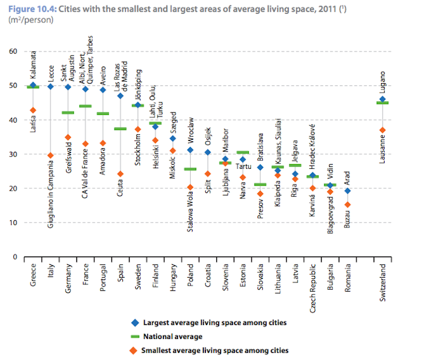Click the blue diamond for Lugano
[x=382, y=99]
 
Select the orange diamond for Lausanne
[x=382, y=130]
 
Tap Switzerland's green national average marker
[x=382, y=103]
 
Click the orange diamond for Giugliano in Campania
[x=50, y=155]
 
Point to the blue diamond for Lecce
[x=50, y=87]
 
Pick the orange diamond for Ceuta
[x=120, y=174]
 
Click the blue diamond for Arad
[x=348, y=191]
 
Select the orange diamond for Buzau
[x=348, y=205]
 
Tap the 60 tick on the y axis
[x=13, y=51]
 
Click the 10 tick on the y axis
[x=13, y=223]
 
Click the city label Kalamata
[x=33, y=65]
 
